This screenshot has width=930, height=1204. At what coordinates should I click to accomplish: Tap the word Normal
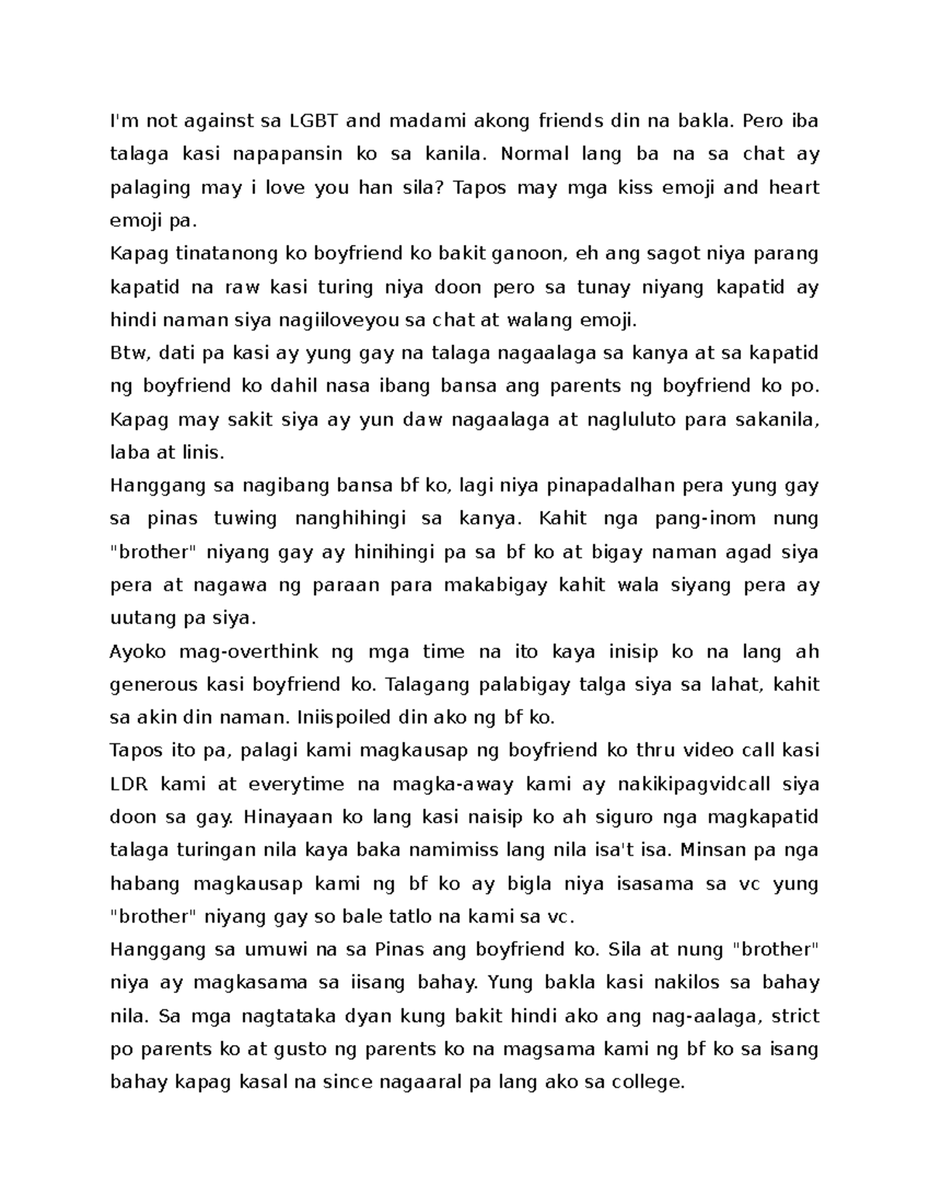click(533, 154)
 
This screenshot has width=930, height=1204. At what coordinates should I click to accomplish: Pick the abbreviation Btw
click(129, 354)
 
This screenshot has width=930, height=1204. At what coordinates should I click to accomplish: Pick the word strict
click(795, 1016)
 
